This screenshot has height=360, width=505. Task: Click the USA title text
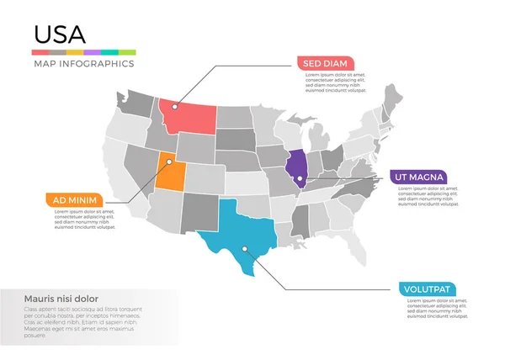point(59,34)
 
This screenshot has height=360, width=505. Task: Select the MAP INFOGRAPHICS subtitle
point(83,64)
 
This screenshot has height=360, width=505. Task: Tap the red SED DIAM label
point(324,63)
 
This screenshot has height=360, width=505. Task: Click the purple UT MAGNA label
point(417,177)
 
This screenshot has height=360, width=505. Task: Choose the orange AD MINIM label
point(73,199)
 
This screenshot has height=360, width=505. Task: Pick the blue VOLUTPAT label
point(430,290)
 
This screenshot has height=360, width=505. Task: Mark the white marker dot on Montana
point(175,106)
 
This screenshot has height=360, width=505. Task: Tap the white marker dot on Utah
point(169,161)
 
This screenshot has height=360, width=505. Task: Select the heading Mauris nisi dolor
point(61,299)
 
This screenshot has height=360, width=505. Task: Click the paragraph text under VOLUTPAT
point(433,310)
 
